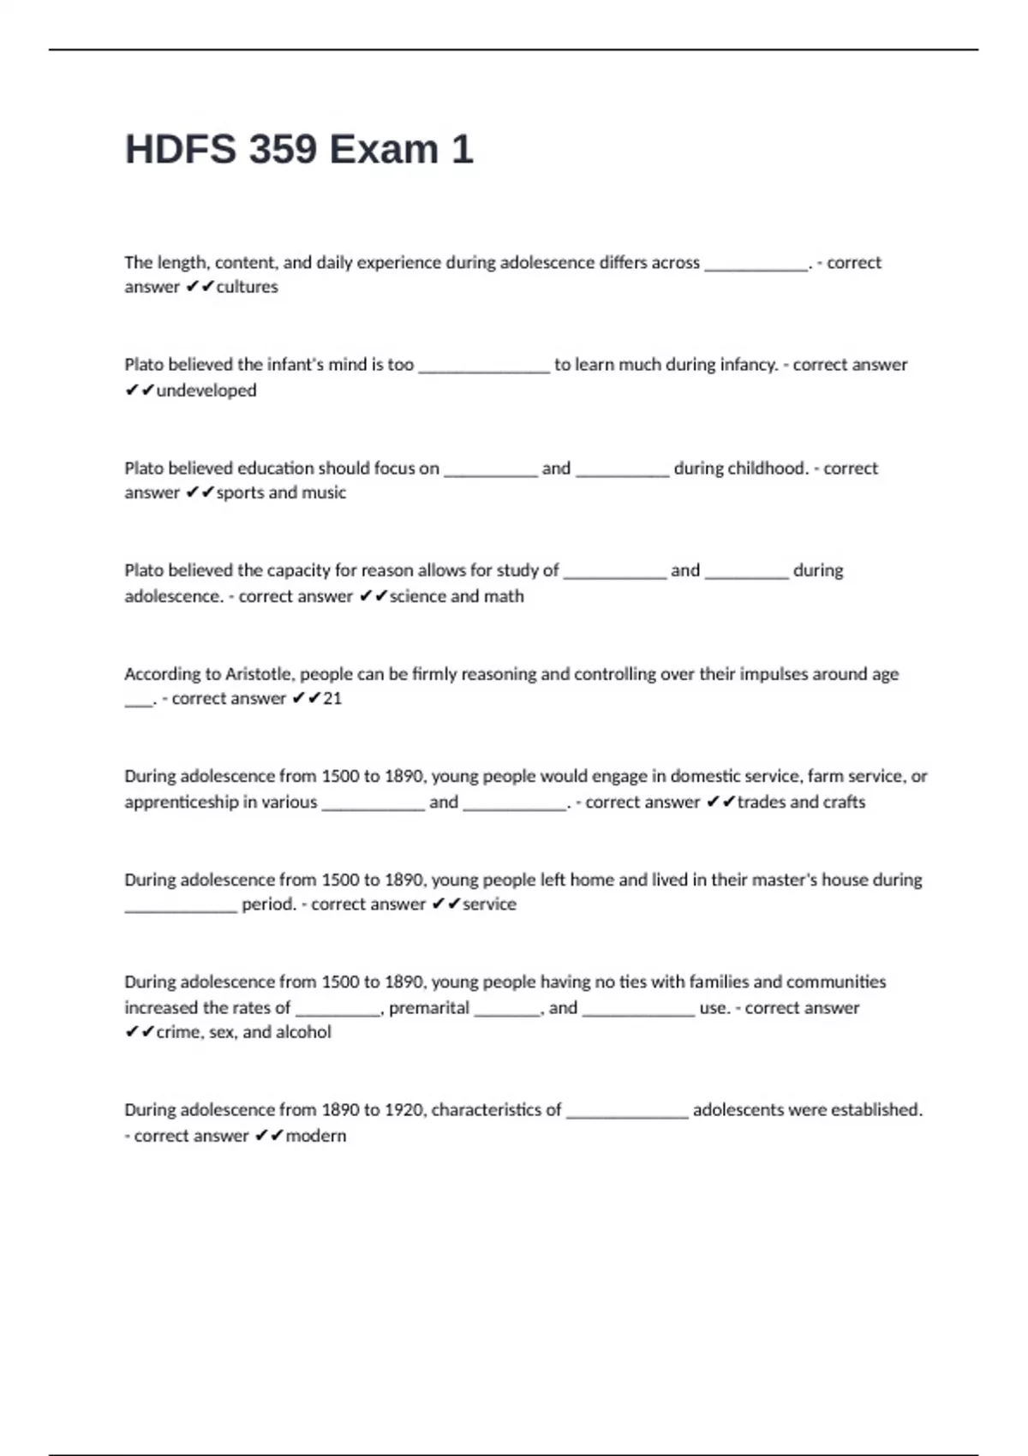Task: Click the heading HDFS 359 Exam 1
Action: pos(298,149)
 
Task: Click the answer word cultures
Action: pos(247,287)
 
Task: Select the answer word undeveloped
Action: pos(206,391)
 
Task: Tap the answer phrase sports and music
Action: pos(281,492)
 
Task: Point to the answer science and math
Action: pos(456,596)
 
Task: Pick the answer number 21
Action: pos(332,699)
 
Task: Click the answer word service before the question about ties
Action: pos(489,904)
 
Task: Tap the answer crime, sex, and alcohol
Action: pos(243,1032)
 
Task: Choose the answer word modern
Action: pos(315,1136)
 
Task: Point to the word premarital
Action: pos(428,1008)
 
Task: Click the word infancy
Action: pos(746,365)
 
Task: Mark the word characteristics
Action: pos(496,1110)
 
